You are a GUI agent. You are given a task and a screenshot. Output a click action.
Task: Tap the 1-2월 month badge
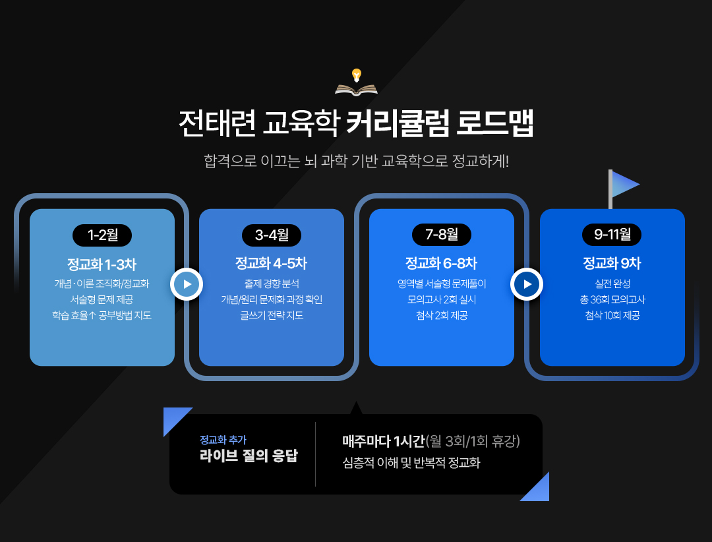(x=102, y=235)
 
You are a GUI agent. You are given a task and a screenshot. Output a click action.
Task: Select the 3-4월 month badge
(x=272, y=235)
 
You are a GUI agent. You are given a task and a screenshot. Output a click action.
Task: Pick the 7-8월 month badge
(x=441, y=235)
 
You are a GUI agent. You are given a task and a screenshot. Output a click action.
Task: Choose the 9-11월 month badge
(x=612, y=235)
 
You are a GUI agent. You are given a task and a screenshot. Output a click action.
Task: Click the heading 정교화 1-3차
(x=102, y=264)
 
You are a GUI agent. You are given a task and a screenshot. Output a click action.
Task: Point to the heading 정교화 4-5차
(x=271, y=264)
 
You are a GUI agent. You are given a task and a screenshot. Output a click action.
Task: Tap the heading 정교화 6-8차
(x=441, y=264)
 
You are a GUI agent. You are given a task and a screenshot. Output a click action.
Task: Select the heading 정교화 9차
(x=612, y=264)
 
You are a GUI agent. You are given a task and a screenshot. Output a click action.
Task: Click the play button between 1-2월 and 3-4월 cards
(x=187, y=284)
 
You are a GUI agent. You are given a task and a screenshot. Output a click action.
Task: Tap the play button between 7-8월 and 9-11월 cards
(x=527, y=284)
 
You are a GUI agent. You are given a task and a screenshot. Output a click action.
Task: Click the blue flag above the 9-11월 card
(x=624, y=185)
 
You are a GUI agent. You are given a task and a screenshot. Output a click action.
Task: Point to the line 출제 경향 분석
(x=271, y=284)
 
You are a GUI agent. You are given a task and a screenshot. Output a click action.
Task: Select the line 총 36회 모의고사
(x=612, y=299)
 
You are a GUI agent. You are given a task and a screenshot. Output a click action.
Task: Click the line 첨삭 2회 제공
(x=441, y=315)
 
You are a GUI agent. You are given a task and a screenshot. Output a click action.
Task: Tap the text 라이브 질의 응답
(x=249, y=456)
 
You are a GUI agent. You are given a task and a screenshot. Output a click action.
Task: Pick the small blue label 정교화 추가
(x=223, y=439)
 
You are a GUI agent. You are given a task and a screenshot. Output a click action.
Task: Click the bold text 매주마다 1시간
(x=383, y=441)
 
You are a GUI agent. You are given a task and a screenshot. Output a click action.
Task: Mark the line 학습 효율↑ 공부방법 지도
(x=102, y=315)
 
